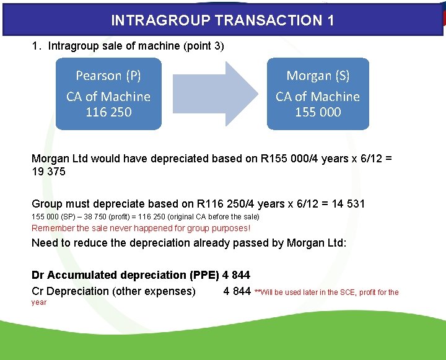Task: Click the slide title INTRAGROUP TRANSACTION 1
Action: click(222, 20)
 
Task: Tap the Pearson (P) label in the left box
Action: click(108, 76)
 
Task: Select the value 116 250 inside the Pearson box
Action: click(108, 112)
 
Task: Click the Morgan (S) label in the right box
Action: click(318, 76)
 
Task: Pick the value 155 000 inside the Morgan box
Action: click(318, 112)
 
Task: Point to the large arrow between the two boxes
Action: click(214, 94)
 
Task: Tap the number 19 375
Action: click(48, 172)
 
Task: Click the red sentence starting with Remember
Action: click(141, 227)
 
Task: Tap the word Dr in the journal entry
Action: click(38, 274)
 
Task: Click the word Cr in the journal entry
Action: click(38, 291)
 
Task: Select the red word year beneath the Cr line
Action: click(39, 302)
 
